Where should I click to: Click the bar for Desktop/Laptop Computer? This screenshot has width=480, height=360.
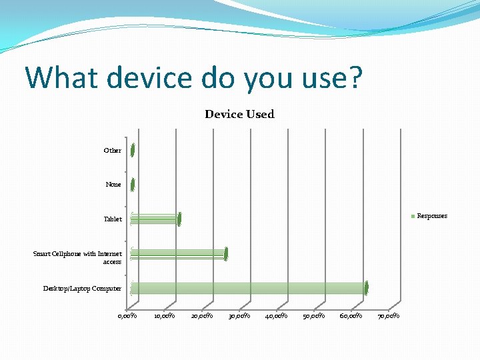[249, 288]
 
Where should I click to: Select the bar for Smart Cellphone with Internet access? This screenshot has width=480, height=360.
[179, 253]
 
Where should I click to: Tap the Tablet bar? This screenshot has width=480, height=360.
[155, 219]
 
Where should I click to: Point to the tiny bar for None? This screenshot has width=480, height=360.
[133, 185]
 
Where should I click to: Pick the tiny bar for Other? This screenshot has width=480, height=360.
[133, 151]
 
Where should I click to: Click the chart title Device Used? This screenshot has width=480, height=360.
[239, 114]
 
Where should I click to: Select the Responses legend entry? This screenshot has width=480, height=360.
[431, 215]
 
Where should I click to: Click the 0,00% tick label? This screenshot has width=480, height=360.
[127, 315]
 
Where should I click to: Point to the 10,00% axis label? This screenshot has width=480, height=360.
[165, 315]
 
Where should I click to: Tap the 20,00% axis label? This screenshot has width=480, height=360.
[202, 315]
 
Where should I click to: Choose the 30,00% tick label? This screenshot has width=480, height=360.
[239, 315]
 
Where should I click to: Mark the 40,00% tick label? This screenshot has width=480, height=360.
[277, 315]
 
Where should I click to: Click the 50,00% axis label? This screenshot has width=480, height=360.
[314, 315]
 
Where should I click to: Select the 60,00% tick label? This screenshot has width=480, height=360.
[351, 315]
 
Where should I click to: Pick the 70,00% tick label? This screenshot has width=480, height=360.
[389, 315]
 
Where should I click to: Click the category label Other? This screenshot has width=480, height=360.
[113, 151]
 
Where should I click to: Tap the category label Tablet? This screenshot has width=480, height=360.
[113, 219]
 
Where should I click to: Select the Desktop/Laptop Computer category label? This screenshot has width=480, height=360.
[82, 288]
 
